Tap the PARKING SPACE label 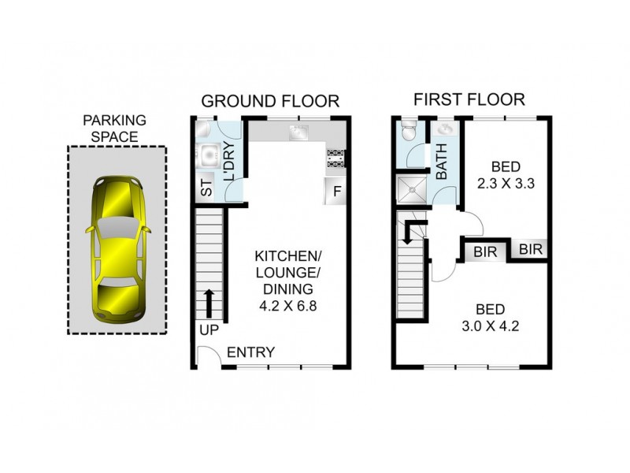point(115,128)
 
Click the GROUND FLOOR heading point(270,101)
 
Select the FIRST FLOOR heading point(469,100)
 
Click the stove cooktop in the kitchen point(335,158)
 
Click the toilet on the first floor point(406,129)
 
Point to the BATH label point(442,162)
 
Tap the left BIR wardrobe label point(484,253)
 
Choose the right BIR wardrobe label point(532,249)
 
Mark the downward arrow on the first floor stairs point(408,232)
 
